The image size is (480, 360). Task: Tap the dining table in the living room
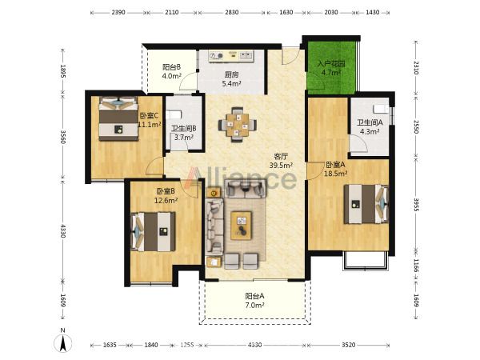click(x=238, y=125)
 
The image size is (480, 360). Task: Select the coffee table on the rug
click(x=242, y=226)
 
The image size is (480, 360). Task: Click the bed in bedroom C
click(x=118, y=118)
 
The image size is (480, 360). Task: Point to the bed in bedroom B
click(x=153, y=231)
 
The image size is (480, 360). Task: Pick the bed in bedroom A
click(x=366, y=204)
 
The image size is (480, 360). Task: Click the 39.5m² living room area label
click(x=281, y=166)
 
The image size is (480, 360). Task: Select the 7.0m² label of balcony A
click(x=254, y=306)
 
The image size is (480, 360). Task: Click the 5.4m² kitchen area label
click(x=231, y=83)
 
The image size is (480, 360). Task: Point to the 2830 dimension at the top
click(x=232, y=13)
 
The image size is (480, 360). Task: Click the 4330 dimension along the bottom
click(x=254, y=345)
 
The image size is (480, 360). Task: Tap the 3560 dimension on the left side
click(x=62, y=137)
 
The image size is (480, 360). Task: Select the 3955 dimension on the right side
click(x=416, y=205)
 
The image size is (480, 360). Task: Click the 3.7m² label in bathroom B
click(x=184, y=138)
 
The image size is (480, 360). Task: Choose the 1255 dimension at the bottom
click(x=186, y=345)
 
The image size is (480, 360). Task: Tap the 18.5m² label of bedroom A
click(x=335, y=174)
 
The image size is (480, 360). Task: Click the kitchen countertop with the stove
click(x=231, y=56)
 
